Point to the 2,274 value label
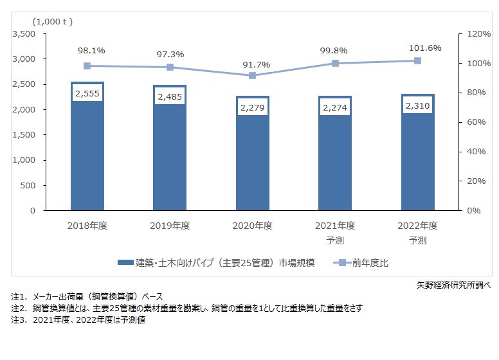pos(335,107)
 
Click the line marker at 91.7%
pos(252,75)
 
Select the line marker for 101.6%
pos(417,60)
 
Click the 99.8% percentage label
pos(335,49)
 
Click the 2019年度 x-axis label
pos(170,226)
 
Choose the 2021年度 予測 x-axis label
pos(335,233)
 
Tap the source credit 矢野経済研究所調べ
pos(453,284)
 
